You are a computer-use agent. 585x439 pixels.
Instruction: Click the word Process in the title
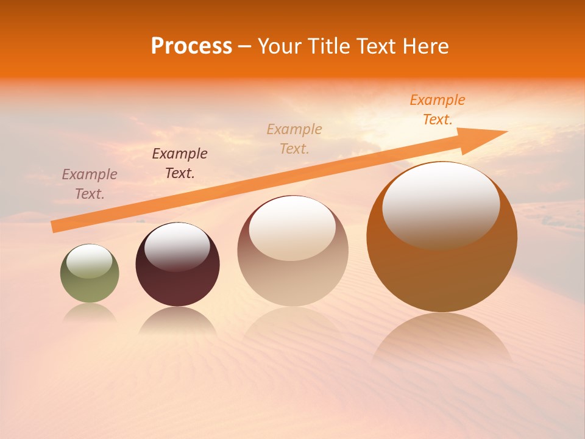click(191, 46)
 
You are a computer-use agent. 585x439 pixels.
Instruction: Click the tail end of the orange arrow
click(54, 227)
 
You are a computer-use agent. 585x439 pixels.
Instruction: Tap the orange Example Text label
click(438, 110)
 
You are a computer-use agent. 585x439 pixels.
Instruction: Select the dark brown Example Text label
click(180, 163)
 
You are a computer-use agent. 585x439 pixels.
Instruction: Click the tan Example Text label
click(294, 139)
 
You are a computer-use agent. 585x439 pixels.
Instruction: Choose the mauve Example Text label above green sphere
click(90, 184)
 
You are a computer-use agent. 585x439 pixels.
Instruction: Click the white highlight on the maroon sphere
click(177, 246)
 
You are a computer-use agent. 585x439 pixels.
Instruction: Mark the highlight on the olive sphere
click(90, 261)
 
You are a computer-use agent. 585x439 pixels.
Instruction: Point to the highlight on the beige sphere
click(292, 227)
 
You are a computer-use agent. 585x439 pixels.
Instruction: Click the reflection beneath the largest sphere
click(442, 338)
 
